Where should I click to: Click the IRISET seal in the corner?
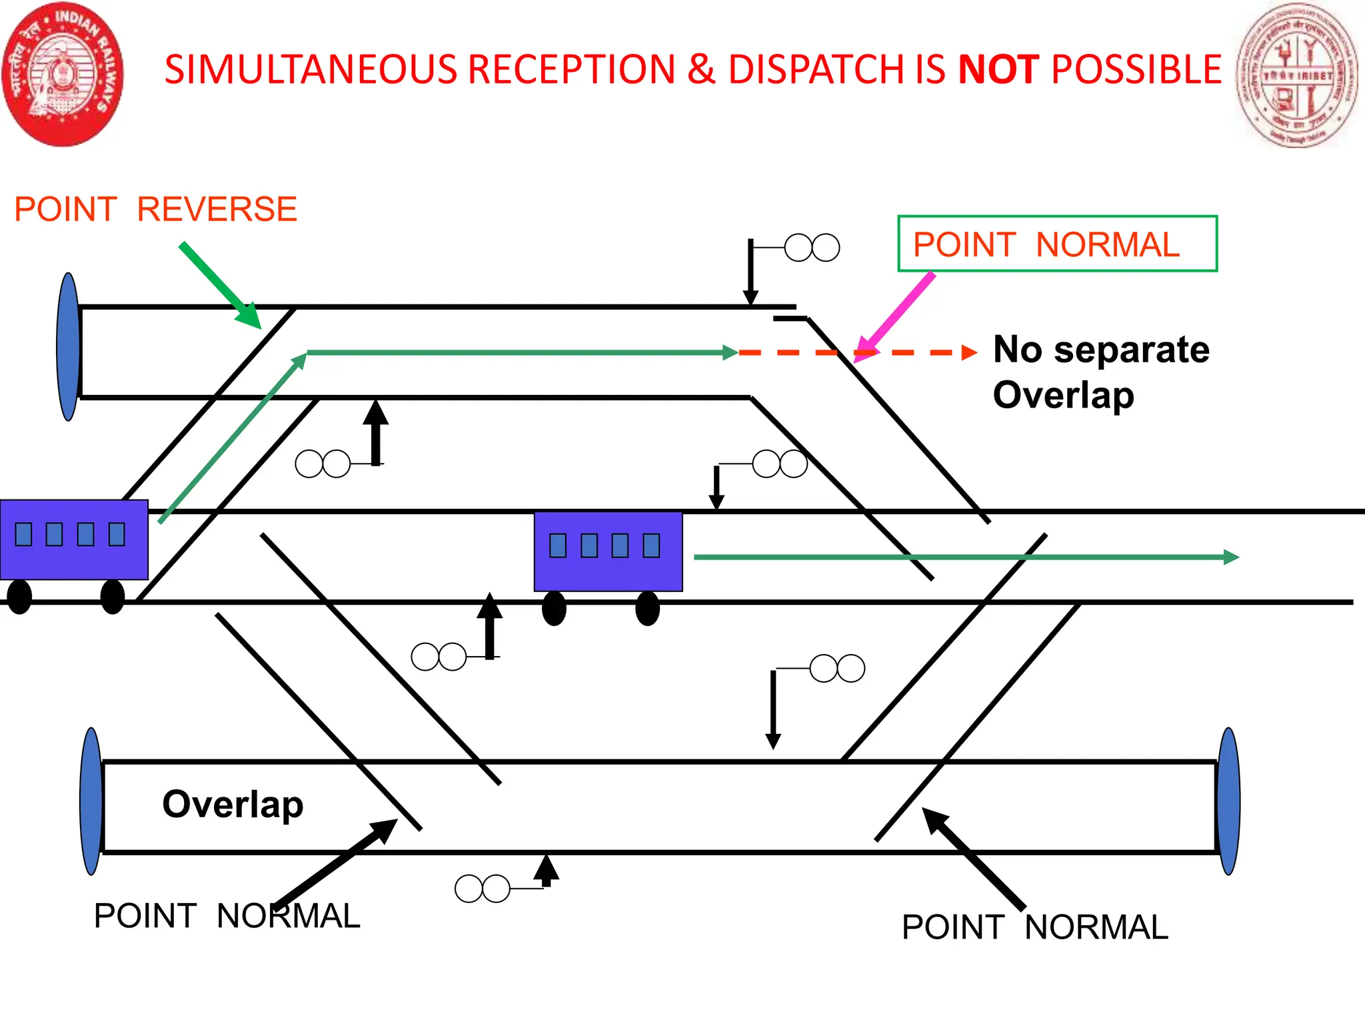click(1296, 75)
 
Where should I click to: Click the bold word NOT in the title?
click(998, 69)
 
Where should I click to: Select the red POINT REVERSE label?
click(155, 209)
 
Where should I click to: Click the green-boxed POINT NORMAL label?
click(1057, 244)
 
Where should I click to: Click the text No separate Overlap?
click(1100, 372)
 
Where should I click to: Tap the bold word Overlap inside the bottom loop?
click(233, 804)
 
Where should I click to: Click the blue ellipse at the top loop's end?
click(69, 346)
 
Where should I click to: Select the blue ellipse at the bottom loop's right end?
click(1228, 801)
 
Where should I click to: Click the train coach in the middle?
click(608, 551)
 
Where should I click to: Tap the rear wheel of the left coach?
click(19, 596)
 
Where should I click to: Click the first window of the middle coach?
click(558, 545)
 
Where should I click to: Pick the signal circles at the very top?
click(812, 248)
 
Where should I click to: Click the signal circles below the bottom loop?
click(482, 888)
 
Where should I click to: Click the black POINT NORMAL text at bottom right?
click(1034, 927)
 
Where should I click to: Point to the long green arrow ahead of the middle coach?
click(966, 557)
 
